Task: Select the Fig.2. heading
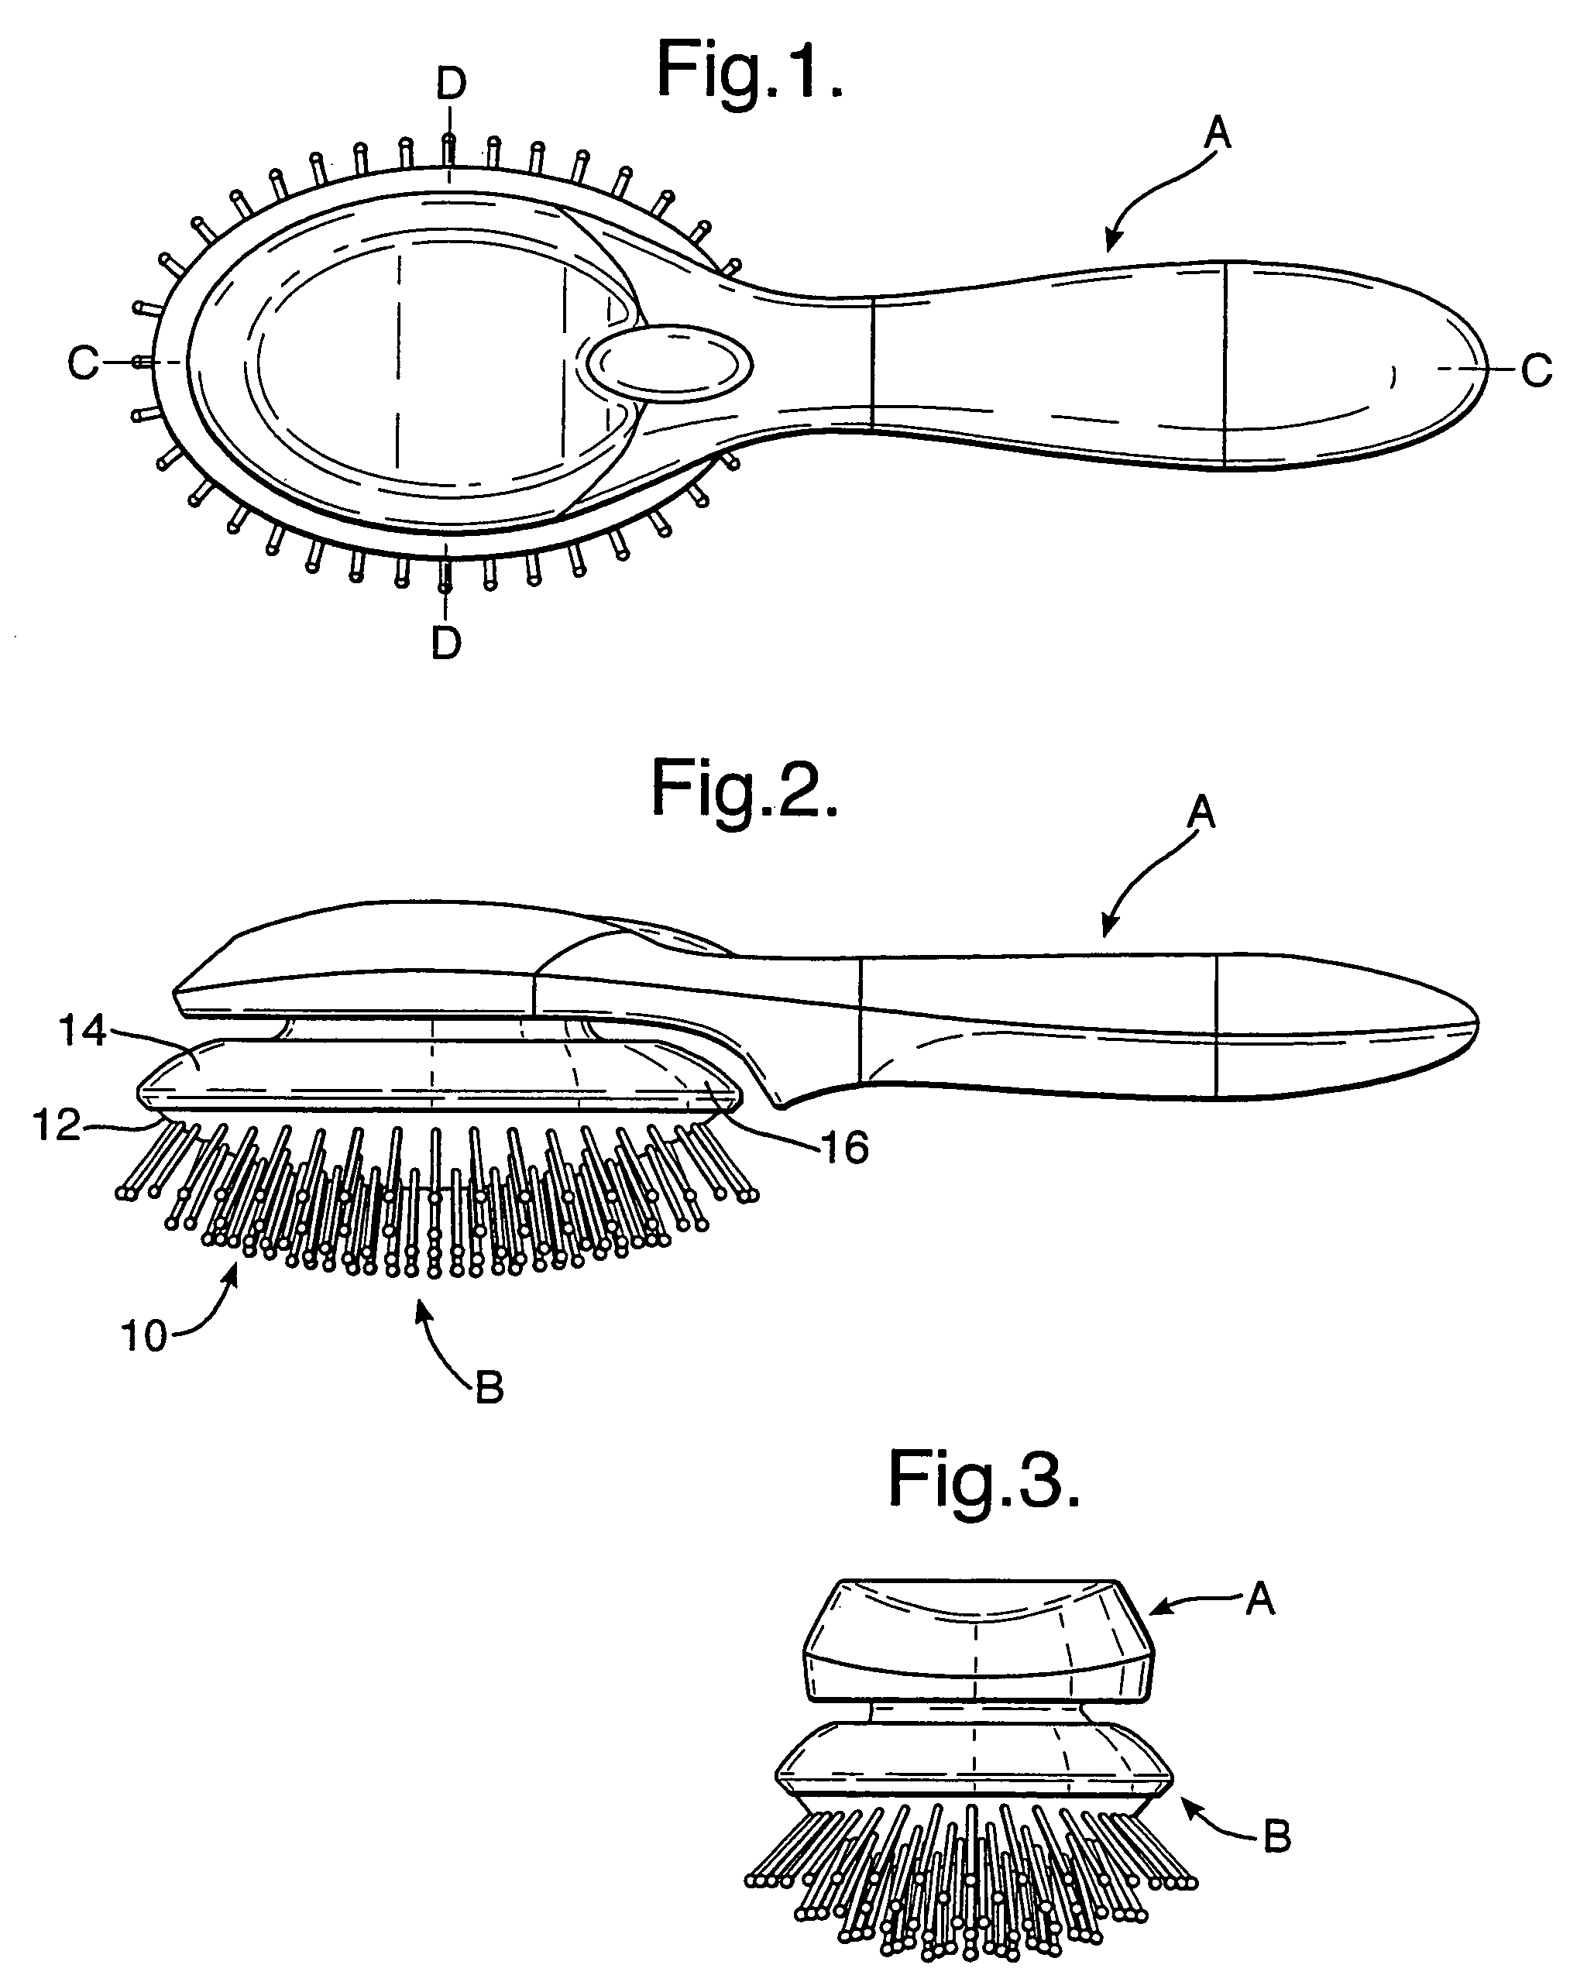click(744, 788)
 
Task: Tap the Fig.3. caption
click(984, 1480)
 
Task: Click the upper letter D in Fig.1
click(451, 84)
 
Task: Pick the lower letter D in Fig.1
click(446, 643)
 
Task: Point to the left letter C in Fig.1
click(83, 364)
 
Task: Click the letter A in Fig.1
click(1217, 134)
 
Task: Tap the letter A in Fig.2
click(1201, 812)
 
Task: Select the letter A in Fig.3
click(1260, 1600)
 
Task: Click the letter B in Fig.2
click(489, 1388)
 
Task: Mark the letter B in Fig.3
click(1278, 1836)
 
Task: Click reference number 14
click(83, 1032)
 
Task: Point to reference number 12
click(57, 1125)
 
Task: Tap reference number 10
click(144, 1336)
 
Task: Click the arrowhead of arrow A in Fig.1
click(1111, 246)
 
